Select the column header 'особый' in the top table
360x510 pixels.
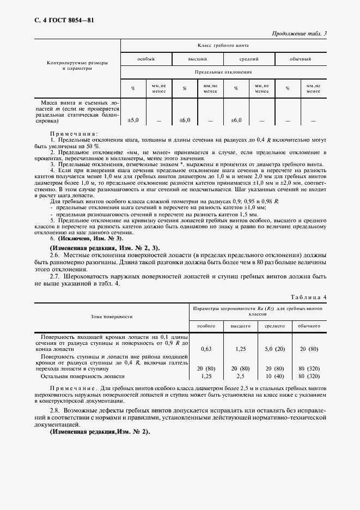[x=146, y=59]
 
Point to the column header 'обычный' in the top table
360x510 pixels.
[x=301, y=59]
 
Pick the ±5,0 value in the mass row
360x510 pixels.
[x=133, y=120]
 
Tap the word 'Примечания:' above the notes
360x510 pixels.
[x=74, y=134]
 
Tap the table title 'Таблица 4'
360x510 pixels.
[x=308, y=297]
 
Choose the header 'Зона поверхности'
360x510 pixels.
[x=112, y=316]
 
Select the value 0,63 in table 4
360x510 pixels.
[x=206, y=349]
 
